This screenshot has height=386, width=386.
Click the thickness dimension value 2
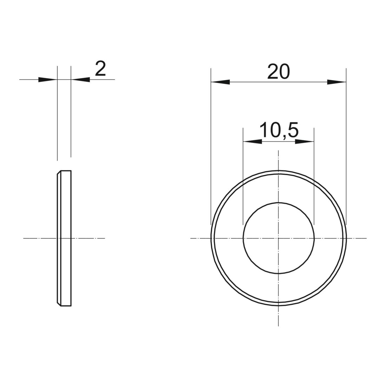point(100,69)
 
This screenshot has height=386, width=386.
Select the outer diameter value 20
point(278,72)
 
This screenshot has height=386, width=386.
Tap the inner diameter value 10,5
point(279,130)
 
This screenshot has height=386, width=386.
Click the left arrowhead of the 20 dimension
point(220,82)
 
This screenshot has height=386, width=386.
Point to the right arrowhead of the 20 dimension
point(337,82)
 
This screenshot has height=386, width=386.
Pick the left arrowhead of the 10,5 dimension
point(253,141)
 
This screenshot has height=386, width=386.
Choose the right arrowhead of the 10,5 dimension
point(305,141)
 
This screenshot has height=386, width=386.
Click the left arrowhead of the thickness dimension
point(48,80)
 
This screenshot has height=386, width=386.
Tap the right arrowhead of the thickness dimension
point(80,80)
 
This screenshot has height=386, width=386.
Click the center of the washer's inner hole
point(278,238)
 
